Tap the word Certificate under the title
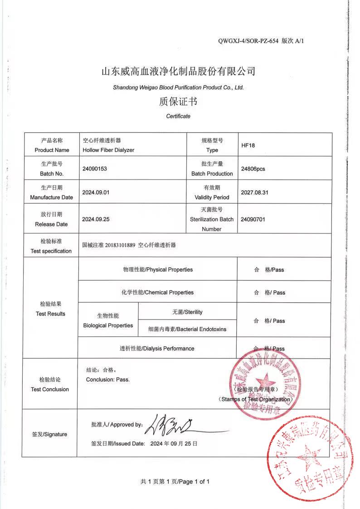(x=178, y=116)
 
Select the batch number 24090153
(x=94, y=169)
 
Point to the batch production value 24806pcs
(x=253, y=169)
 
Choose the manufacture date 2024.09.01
(x=96, y=192)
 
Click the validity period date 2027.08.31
(x=255, y=192)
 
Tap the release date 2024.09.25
(x=96, y=219)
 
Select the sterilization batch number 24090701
(x=253, y=219)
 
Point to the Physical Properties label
(x=158, y=270)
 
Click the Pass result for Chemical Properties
(x=269, y=293)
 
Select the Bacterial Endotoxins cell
(x=187, y=329)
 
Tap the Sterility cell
(x=187, y=312)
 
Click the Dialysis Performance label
(x=157, y=349)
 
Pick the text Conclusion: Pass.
(x=108, y=379)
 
